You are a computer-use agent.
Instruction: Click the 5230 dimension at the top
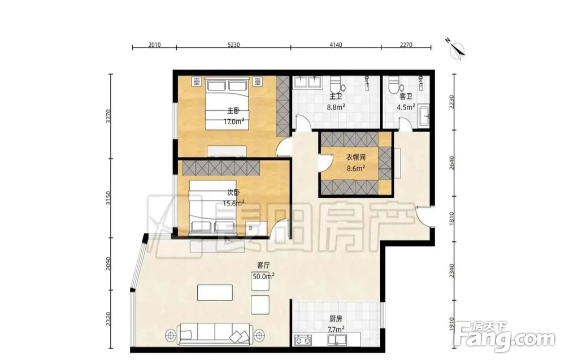pos(234,45)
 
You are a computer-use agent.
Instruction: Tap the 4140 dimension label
pos(336,45)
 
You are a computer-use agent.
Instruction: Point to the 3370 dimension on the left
pos(108,116)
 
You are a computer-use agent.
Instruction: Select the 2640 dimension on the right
pos(452,163)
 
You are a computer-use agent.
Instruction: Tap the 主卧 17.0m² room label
pos(233,116)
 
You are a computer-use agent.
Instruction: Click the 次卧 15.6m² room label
pos(233,198)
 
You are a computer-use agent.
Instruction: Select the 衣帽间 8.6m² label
pos(355,163)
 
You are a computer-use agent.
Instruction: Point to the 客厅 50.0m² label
pos(263,271)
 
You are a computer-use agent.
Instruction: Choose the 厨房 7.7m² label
pos(336,324)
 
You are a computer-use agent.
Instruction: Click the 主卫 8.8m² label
pos(336,102)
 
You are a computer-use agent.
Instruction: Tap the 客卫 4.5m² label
pos(406,102)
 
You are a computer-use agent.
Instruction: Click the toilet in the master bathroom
pos(336,85)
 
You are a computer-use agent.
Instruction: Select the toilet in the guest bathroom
pos(395,84)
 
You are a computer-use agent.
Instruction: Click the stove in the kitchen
pos(303,340)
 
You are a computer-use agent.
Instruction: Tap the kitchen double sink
pos(337,340)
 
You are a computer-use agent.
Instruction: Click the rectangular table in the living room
pos(215,293)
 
